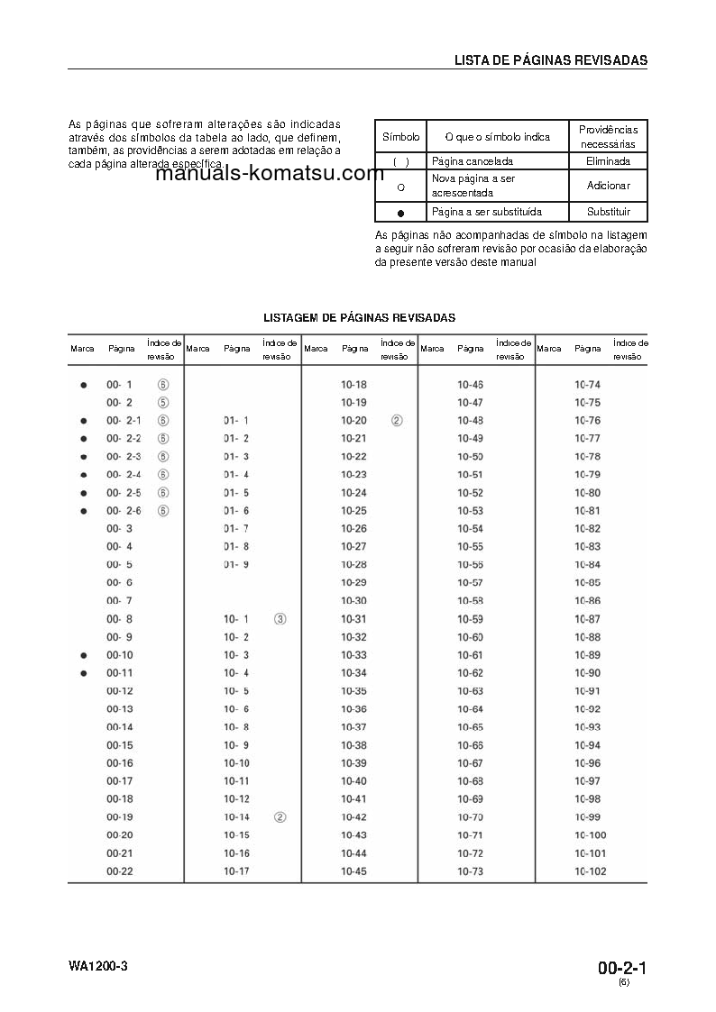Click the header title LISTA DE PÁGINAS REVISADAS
[550, 60]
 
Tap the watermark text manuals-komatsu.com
[270, 174]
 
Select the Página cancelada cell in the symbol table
[473, 161]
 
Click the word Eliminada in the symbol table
[608, 161]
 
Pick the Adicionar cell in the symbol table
[608, 186]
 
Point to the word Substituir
[608, 213]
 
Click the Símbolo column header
[400, 137]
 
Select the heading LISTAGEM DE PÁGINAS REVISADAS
[359, 317]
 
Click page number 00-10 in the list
[119, 655]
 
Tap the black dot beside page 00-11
[83, 673]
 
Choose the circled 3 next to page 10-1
[280, 619]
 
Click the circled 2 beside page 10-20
[397, 421]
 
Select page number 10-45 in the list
[353, 871]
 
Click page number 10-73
[470, 871]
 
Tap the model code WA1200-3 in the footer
[98, 967]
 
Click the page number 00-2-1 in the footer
[622, 969]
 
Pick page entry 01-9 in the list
[235, 565]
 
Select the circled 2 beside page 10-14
[280, 817]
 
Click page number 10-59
[470, 619]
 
